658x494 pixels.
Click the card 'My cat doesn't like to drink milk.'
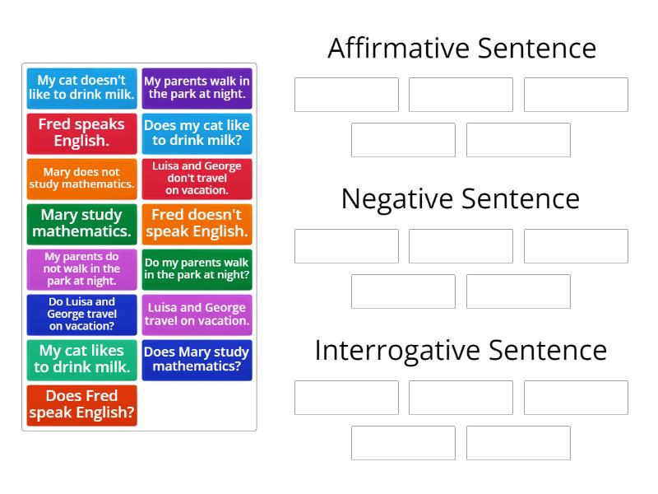tap(81, 88)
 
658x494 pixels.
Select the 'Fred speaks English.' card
tap(81, 133)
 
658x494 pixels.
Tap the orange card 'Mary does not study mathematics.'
tap(81, 179)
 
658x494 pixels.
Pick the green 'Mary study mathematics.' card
tap(81, 223)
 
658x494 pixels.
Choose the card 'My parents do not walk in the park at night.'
tap(81, 268)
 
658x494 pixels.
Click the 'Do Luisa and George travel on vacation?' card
tap(81, 314)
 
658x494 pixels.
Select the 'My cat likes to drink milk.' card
tap(81, 359)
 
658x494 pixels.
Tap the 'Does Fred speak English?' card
tap(81, 404)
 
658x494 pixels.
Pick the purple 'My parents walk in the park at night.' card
tap(197, 88)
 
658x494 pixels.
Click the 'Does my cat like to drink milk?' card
tap(197, 133)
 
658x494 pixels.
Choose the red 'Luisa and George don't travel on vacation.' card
tap(197, 179)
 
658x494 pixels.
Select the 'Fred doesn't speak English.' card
tap(197, 223)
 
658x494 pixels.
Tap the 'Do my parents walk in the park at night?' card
tap(197, 268)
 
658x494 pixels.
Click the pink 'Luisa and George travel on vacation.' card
tap(197, 314)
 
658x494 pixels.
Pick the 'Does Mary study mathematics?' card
tap(197, 359)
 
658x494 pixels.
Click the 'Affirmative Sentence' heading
tap(461, 49)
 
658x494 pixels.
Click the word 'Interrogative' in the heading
tap(397, 351)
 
